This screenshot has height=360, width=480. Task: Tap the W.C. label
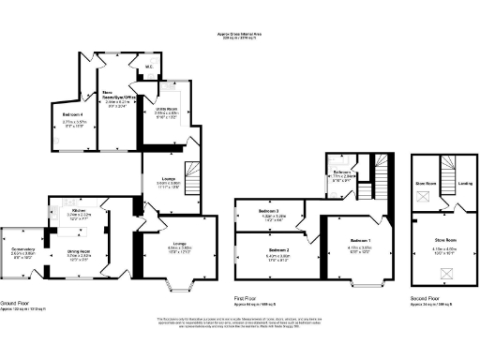[x=149, y=67]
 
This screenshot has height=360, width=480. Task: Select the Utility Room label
[x=165, y=111]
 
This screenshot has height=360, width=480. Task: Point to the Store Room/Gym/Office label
[x=122, y=95]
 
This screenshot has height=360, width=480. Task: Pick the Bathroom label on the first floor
[x=342, y=172]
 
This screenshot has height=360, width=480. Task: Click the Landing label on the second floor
[x=465, y=183]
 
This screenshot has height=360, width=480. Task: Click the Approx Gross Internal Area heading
[x=239, y=37]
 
